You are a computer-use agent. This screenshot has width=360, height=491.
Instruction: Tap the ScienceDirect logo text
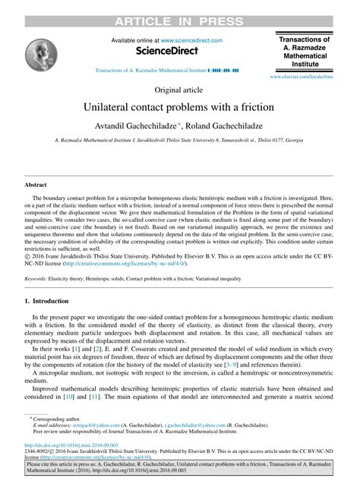166,51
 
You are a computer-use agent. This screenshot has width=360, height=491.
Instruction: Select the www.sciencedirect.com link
191,40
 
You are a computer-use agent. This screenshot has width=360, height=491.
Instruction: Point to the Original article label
179,88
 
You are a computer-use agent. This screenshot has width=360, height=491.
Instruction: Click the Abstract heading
36,184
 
